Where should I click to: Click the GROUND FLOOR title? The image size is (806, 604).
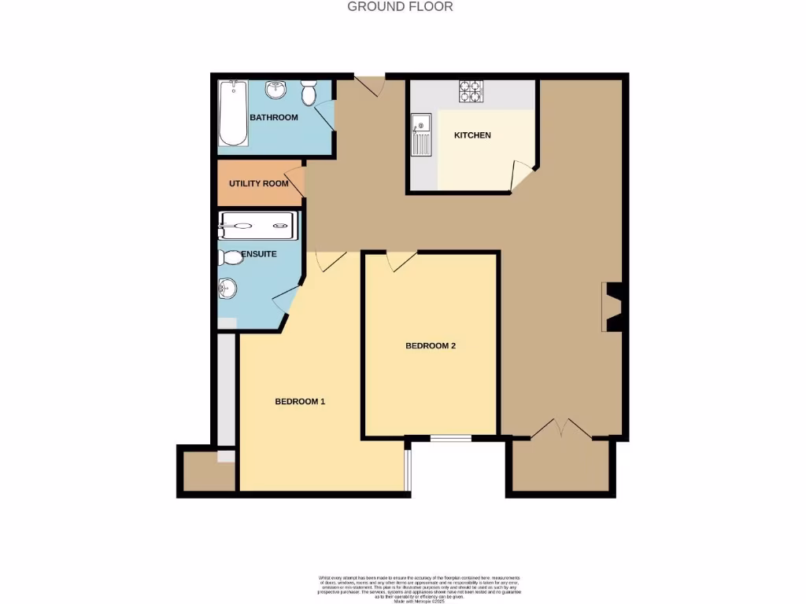click(400, 7)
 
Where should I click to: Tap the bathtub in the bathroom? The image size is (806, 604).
click(233, 113)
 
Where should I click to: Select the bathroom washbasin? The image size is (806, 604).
click(276, 90)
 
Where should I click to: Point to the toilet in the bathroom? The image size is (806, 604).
click(309, 93)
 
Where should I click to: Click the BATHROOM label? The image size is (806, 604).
click(273, 118)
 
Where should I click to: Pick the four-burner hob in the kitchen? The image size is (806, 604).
click(471, 93)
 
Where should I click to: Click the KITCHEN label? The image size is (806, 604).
click(472, 135)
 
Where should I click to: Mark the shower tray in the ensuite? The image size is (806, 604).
click(257, 226)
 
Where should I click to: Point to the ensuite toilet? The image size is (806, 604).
click(231, 257)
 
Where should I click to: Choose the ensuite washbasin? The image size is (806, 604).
click(227, 289)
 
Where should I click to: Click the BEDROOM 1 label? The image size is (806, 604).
click(300, 402)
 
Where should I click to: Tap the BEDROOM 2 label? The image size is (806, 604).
click(431, 346)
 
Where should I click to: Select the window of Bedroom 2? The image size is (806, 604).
click(450, 437)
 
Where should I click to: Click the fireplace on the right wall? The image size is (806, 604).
click(612, 307)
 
